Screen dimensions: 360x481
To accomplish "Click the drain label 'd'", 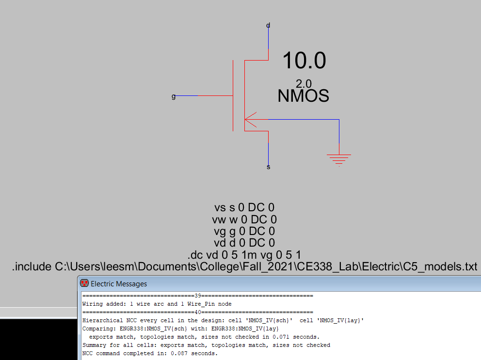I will [268, 25].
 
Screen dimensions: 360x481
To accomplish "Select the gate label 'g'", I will [174, 96].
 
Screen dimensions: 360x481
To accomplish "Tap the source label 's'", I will [269, 167].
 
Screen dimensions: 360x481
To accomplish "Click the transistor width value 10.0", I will [304, 61].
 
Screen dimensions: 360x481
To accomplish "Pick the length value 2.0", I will [304, 83].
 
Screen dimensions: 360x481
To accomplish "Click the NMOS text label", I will [303, 96].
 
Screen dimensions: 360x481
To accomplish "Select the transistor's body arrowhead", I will [250, 119].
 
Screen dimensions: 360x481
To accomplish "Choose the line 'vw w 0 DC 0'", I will [244, 219].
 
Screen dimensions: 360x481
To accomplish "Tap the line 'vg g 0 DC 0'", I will [244, 231].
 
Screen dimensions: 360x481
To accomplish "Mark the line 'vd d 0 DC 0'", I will [244, 243].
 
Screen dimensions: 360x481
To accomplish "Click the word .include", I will [32, 266].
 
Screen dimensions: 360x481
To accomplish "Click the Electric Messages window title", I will [119, 283].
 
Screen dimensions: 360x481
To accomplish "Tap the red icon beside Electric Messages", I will [84, 283].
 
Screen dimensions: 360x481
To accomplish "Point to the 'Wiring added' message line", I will [157, 304].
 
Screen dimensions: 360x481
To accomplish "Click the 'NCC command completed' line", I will [150, 354].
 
